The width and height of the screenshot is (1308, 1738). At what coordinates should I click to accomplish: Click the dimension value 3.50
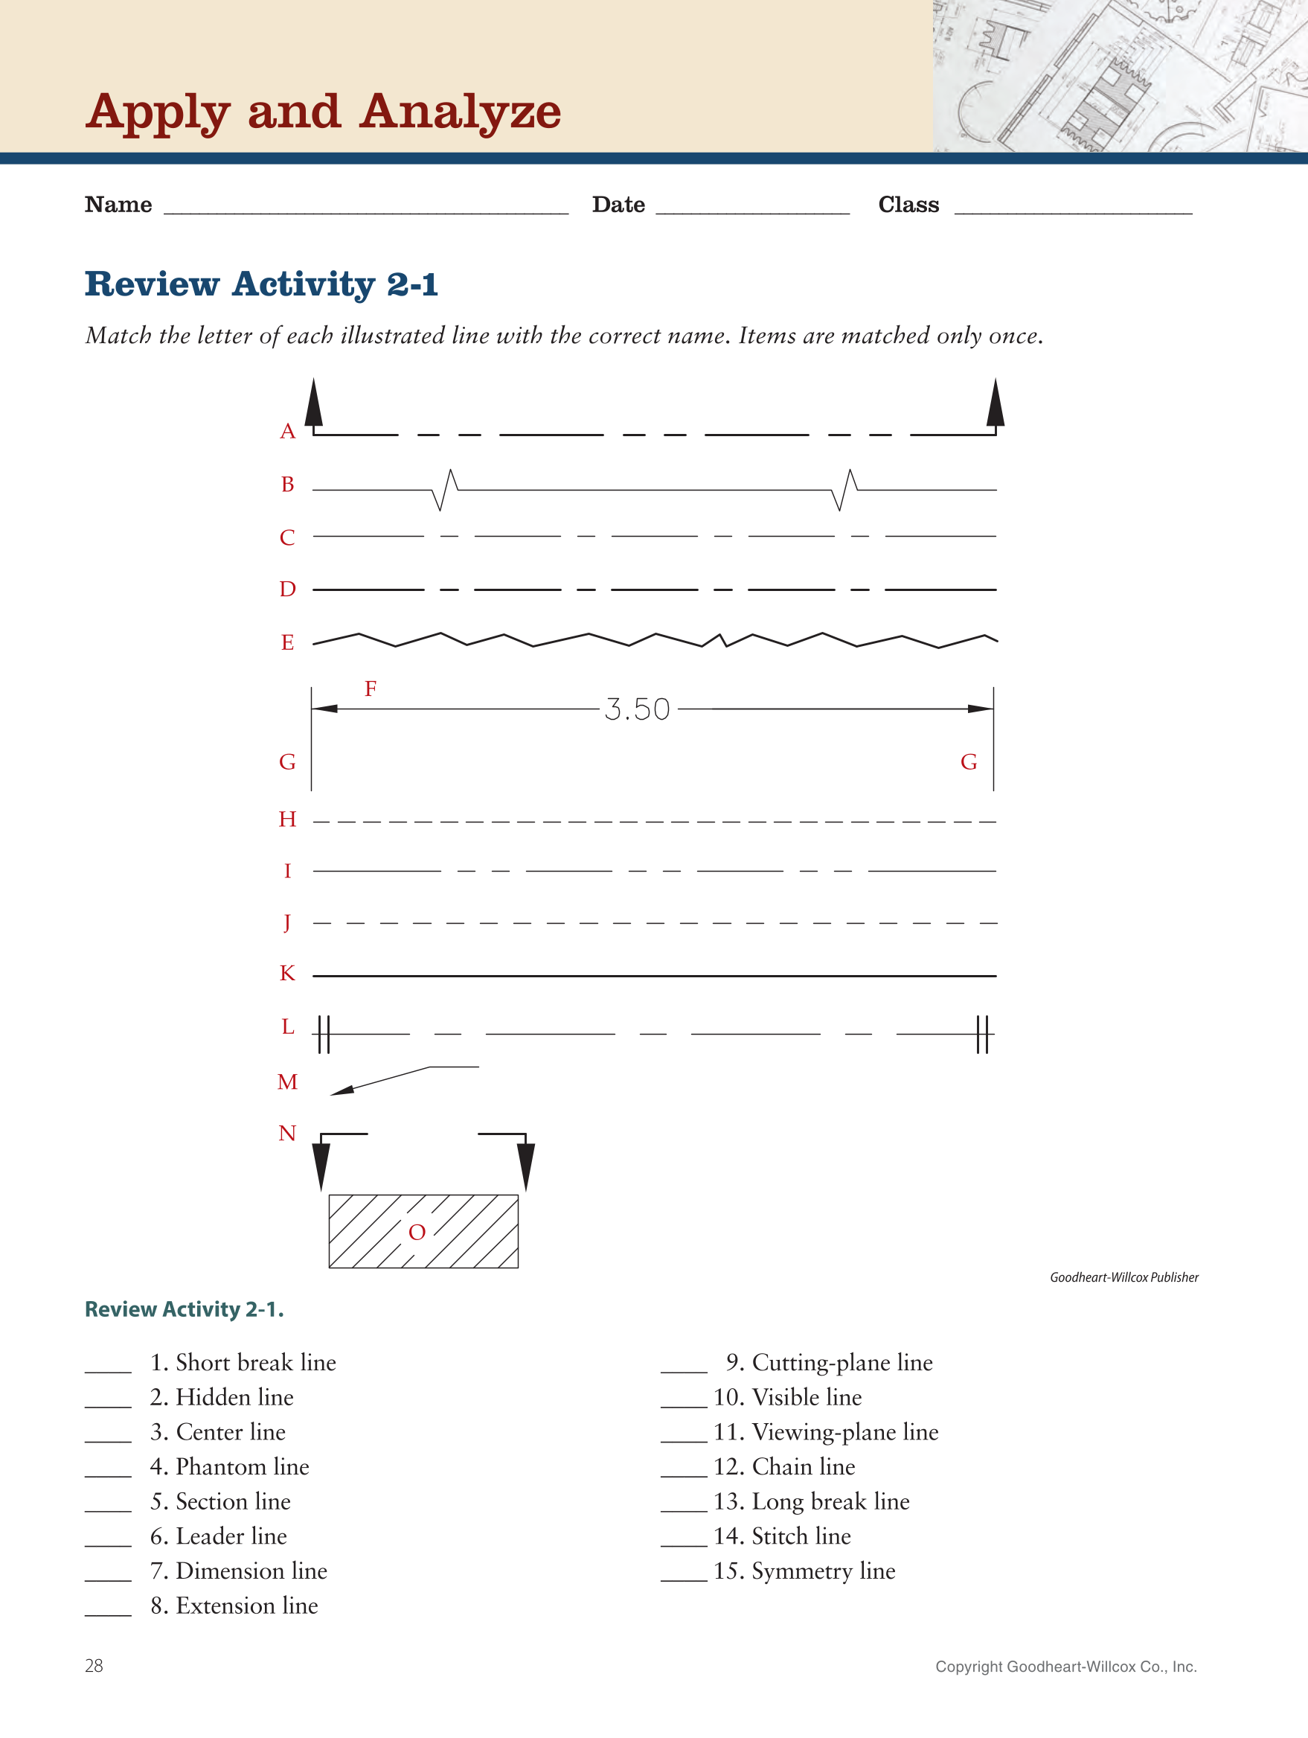[636, 709]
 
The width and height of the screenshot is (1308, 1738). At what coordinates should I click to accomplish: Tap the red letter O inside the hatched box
[417, 1232]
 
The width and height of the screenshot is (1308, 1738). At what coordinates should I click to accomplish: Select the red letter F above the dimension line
[371, 689]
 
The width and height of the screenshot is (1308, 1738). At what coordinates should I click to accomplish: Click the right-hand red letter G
[969, 762]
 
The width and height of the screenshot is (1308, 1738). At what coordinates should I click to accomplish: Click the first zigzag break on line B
[446, 491]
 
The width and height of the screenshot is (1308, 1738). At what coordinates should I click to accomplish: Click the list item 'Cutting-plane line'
[842, 1362]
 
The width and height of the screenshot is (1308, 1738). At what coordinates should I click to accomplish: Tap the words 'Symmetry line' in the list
[824, 1571]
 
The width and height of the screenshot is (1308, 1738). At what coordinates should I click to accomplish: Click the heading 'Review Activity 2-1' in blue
[262, 284]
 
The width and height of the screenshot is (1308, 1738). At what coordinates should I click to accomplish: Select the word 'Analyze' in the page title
[461, 112]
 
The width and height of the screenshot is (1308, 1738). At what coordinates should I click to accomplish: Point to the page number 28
[94, 1666]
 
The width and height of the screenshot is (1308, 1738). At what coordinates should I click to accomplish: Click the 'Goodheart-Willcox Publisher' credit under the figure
[1123, 1277]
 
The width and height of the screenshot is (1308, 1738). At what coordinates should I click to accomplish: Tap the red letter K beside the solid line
[287, 974]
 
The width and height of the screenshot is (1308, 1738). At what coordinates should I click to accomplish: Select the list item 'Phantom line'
[242, 1467]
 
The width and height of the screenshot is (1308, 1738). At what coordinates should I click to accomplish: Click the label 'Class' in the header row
[908, 205]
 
